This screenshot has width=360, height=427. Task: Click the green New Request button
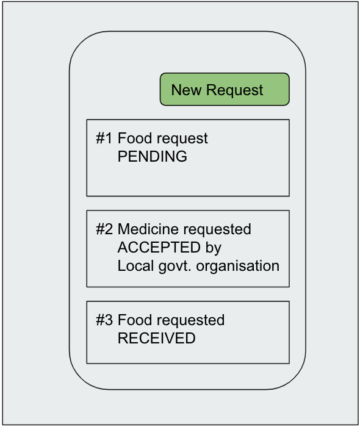[x=225, y=89]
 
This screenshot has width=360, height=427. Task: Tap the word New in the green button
[x=187, y=90]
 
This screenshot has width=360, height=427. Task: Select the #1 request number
[x=104, y=138]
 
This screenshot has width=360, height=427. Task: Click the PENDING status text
[x=152, y=156]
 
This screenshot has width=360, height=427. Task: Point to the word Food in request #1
[x=134, y=138]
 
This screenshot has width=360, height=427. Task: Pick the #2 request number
[x=104, y=229]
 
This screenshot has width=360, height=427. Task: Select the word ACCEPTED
[x=159, y=247]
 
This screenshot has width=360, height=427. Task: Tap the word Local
[x=135, y=265]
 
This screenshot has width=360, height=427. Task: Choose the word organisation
[x=237, y=267]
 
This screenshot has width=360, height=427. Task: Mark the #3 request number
[x=104, y=320]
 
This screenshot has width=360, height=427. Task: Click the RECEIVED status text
[x=156, y=338]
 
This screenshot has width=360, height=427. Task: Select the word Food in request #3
[x=134, y=320]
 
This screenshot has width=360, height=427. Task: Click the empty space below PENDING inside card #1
[x=188, y=180]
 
